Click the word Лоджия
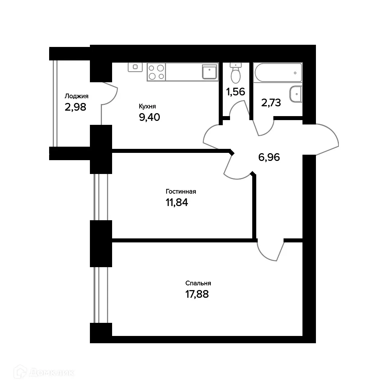(76, 96)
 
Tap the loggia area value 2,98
(75, 107)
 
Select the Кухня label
(147, 106)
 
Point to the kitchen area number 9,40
(150, 117)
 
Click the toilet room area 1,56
(235, 92)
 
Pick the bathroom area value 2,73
(271, 103)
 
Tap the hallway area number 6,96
(269, 158)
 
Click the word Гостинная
(181, 191)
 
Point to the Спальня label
(198, 283)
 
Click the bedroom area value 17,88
(197, 294)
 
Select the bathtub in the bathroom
(278, 72)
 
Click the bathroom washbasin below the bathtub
(296, 94)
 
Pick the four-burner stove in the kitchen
(156, 72)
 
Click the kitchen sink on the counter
(210, 72)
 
